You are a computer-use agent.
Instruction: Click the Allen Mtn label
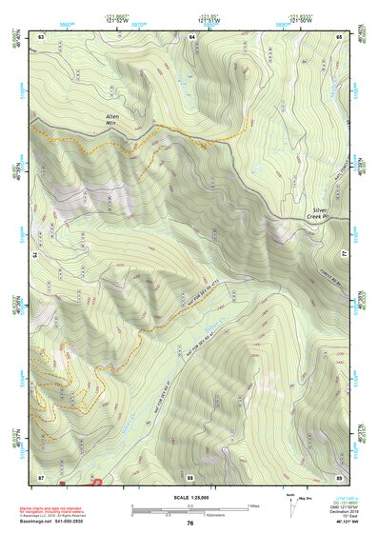(x=113, y=119)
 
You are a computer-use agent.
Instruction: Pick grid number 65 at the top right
(x=340, y=35)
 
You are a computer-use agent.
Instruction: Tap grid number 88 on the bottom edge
(x=190, y=476)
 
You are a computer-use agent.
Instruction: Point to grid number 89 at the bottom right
(x=340, y=476)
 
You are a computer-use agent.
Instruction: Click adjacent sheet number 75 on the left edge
(x=34, y=255)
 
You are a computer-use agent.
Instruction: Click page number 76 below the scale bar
(x=190, y=523)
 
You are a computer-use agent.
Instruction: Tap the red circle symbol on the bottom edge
(x=95, y=482)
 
